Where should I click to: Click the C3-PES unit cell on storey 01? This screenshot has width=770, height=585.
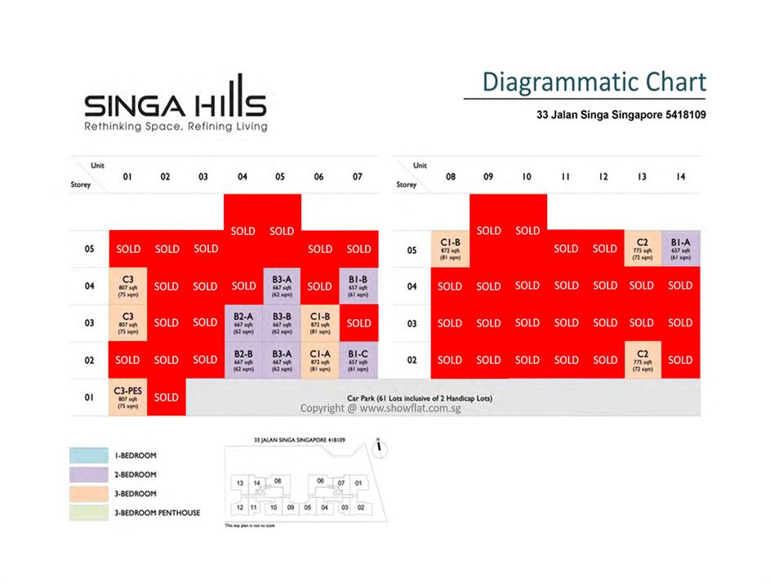pos(128,397)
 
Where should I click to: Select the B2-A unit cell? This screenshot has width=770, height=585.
pos(243,323)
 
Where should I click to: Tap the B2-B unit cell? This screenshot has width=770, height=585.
pos(243,360)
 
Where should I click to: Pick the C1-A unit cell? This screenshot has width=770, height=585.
pos(320,360)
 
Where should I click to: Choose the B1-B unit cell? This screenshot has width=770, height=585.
pos(358,286)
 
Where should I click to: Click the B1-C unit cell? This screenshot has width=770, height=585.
pos(358,360)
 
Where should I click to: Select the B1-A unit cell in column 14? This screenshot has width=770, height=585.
pos(681,248)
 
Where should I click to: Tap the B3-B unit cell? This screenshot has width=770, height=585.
pos(282,323)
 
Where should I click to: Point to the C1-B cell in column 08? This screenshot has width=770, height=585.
pos(451,248)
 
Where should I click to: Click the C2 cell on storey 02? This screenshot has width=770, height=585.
pos(642,360)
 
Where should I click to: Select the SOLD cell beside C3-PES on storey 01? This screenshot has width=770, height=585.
pos(167,397)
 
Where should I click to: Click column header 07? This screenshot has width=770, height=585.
pos(358,176)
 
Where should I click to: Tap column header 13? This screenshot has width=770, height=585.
pos(642,176)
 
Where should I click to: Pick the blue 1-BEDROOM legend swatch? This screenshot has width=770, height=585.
pos(89,455)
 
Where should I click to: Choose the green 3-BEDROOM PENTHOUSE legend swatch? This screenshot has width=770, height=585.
pos(89,512)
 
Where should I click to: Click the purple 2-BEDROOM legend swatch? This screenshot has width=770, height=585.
pos(89,474)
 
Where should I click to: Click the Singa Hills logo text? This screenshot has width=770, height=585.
pos(176,105)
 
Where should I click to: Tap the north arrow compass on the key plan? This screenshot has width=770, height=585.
pos(379,445)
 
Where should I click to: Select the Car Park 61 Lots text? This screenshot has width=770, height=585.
pos(420,398)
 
